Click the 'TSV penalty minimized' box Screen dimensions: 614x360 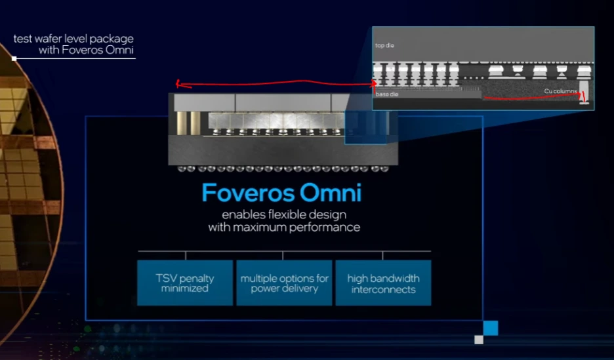click(x=185, y=283)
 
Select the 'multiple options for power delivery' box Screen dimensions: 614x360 click(x=284, y=283)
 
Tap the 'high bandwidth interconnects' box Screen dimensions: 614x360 click(x=383, y=283)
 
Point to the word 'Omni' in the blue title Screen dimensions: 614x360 click(x=331, y=193)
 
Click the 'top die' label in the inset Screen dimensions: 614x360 click(x=384, y=45)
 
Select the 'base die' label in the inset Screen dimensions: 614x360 click(x=387, y=94)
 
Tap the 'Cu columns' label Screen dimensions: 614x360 click(x=560, y=91)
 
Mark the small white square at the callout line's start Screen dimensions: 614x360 click(x=14, y=59)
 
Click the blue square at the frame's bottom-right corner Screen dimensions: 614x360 click(x=491, y=328)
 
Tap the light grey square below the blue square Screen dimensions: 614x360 click(x=479, y=340)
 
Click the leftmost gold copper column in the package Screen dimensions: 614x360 click(x=181, y=123)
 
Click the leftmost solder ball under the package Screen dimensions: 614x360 click(x=181, y=169)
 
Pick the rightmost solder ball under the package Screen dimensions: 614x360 click(x=384, y=169)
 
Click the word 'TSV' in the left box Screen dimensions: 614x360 click(x=165, y=278)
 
